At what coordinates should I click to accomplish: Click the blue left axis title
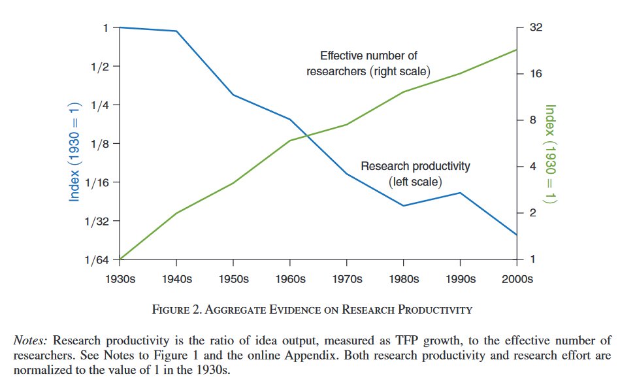tap(74, 152)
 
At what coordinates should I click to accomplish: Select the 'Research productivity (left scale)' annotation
tap(415, 173)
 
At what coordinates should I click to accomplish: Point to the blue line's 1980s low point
tap(403, 206)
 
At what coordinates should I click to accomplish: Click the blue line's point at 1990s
tap(460, 193)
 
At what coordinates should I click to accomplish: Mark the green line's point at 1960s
tap(290, 141)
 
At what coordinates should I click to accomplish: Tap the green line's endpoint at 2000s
tap(516, 50)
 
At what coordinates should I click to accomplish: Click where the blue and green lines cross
tap(302, 136)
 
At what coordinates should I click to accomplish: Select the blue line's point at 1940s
tap(177, 31)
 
